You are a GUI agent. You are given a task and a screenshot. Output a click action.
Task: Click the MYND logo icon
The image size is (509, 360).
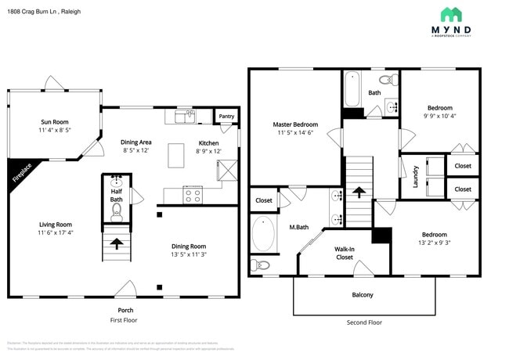[x=450, y=14]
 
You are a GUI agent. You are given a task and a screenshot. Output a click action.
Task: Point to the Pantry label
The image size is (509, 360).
[x=226, y=116]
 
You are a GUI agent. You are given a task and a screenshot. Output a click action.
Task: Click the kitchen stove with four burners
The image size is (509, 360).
[x=193, y=195]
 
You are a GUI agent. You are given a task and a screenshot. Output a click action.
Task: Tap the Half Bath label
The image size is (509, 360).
[x=116, y=195]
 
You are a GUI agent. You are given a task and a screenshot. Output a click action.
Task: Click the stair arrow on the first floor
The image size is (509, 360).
[x=117, y=243]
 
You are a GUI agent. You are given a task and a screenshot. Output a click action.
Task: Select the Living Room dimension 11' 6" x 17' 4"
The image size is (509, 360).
[x=56, y=232]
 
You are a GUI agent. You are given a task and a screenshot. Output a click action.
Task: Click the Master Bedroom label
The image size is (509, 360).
[x=295, y=124]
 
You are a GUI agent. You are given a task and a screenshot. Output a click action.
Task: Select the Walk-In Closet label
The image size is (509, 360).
[x=345, y=253]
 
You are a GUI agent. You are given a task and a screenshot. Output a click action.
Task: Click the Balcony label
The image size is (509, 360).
[x=362, y=295]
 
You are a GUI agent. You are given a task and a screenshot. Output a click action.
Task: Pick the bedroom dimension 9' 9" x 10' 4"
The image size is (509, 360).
[x=439, y=116]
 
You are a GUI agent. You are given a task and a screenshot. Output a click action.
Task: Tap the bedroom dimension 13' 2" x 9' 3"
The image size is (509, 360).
[x=434, y=243]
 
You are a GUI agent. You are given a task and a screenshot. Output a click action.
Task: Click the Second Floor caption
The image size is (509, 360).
[x=364, y=322]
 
